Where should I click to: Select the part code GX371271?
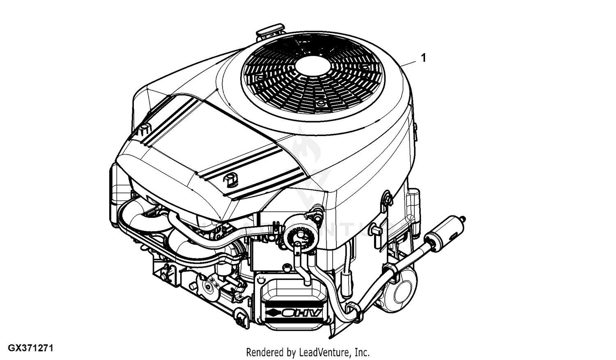point(27,348)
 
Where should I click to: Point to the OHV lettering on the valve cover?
point(300,314)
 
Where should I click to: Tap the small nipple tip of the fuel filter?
point(464,218)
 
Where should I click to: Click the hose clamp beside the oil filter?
point(389,271)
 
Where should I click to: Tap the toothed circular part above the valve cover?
point(301,236)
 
